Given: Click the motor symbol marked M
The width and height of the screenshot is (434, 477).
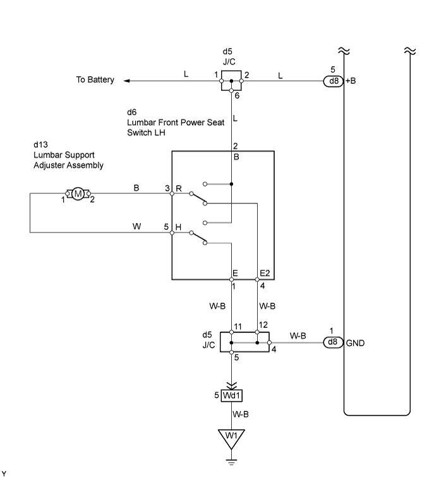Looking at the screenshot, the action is click(78, 193).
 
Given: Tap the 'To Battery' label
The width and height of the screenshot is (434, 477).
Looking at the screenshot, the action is click(95, 80).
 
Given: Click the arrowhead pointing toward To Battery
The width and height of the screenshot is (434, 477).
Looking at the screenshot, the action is click(127, 81).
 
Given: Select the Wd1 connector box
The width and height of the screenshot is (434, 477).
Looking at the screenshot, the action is click(231, 395).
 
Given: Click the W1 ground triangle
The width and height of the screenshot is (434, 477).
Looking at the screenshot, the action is click(231, 438).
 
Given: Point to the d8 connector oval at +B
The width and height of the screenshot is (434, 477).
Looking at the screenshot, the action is click(334, 81).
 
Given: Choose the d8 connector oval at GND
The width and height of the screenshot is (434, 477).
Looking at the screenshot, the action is click(334, 342).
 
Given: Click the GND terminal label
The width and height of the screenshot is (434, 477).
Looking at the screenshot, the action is click(355, 343).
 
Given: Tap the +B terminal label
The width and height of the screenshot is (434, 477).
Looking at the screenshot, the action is click(351, 81).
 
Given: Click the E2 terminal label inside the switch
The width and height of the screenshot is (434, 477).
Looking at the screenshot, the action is click(265, 273).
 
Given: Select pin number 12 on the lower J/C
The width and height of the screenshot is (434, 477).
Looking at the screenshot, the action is click(263, 325).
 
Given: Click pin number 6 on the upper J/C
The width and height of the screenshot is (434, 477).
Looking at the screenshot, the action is click(237, 96).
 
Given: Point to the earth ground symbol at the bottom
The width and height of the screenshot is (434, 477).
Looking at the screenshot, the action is click(231, 462).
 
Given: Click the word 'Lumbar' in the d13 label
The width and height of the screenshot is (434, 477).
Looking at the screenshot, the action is click(47, 155).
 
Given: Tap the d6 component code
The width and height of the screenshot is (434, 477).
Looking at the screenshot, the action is click(131, 112).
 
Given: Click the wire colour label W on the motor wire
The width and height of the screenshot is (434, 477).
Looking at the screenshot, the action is click(136, 226).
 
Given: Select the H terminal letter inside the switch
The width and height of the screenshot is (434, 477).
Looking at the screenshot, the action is click(179, 227).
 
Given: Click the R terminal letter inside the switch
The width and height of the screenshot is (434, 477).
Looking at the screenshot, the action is click(179, 189).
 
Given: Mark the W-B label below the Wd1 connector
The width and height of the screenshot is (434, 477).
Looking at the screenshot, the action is click(241, 414).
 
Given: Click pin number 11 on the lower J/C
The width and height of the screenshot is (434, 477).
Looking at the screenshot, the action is click(238, 327).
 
